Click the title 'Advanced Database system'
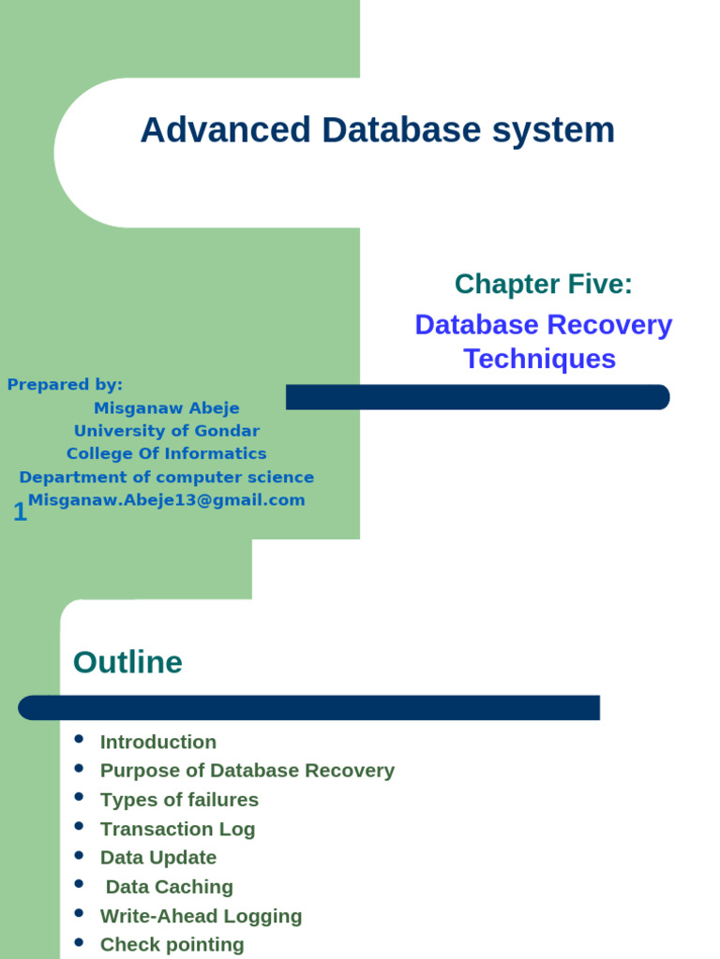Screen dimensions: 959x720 coord(377,130)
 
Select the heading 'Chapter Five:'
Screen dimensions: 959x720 coord(543,284)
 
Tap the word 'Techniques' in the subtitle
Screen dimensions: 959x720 coord(539,359)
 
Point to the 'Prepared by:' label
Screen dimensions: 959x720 coord(65,384)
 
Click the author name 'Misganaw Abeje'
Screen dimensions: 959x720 coord(167,408)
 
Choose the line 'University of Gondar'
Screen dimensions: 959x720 coord(167,431)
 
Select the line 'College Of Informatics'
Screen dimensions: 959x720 coord(167,453)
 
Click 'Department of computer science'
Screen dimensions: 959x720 coord(167,477)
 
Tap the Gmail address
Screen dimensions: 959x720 coord(167,500)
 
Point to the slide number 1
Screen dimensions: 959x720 coord(20,512)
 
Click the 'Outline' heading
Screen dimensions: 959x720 coord(127,663)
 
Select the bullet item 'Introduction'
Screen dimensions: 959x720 coord(157,742)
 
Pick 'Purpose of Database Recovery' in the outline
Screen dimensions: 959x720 coord(247,771)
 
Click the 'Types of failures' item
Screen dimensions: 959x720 coord(179,800)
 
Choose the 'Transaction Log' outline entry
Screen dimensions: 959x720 coord(177,829)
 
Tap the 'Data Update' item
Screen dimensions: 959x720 coord(157,858)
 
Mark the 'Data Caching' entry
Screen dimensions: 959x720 coord(169,887)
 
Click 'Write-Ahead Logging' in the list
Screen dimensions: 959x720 coord(201,916)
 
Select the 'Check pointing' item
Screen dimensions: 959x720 coord(172,945)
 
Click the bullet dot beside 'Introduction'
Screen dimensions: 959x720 coord(79,740)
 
